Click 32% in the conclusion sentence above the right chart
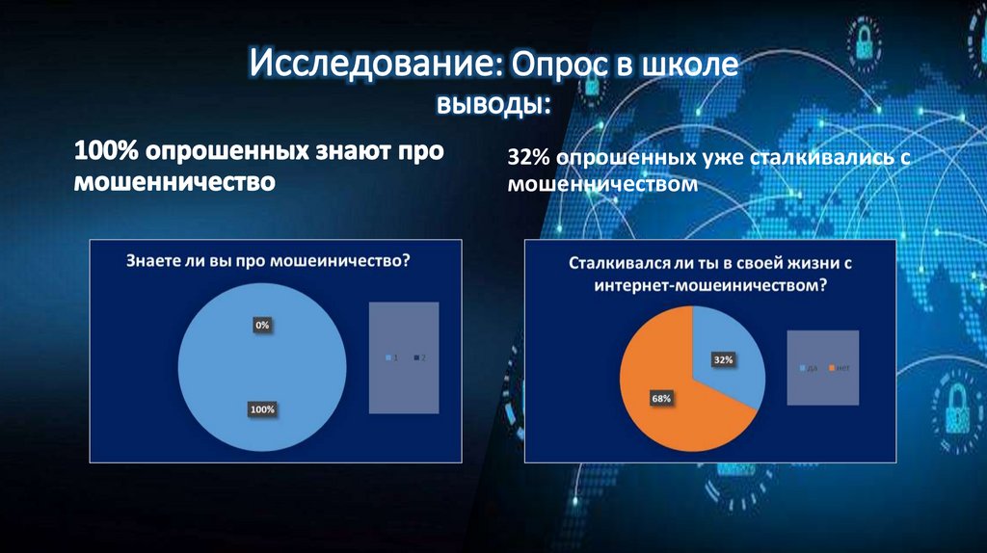(x=529, y=157)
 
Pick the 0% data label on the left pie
(x=262, y=326)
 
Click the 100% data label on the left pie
(x=262, y=409)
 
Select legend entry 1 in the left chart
(x=392, y=358)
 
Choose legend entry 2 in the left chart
(x=420, y=358)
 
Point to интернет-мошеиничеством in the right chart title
(x=711, y=285)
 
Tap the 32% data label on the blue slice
(x=724, y=359)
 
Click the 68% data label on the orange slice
(x=661, y=397)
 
